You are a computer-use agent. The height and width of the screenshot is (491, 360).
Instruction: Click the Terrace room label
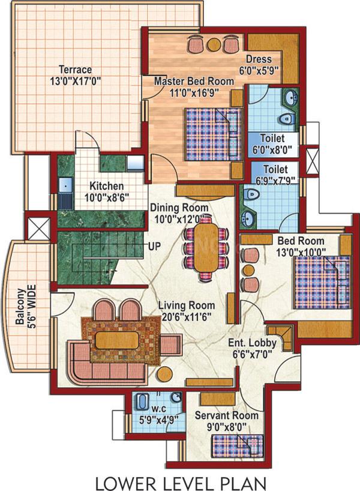(76, 69)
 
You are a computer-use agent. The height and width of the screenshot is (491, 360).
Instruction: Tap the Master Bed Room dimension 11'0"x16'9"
(194, 93)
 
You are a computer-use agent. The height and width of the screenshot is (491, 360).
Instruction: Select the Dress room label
(259, 59)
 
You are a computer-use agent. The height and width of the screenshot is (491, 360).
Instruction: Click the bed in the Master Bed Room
(214, 134)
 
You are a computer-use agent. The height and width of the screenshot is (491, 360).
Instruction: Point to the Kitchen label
(106, 185)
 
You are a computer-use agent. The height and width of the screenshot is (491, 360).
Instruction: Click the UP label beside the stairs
(154, 246)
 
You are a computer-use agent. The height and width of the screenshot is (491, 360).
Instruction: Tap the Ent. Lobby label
(252, 343)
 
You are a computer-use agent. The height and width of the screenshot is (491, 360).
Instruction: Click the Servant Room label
(227, 415)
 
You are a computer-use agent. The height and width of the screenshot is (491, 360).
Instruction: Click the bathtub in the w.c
(142, 402)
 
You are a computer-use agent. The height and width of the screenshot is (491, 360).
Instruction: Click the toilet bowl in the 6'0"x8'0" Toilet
(286, 119)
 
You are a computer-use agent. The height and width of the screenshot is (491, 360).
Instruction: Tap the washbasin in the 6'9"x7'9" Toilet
(248, 217)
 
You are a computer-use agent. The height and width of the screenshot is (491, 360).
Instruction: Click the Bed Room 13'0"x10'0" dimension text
(301, 252)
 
